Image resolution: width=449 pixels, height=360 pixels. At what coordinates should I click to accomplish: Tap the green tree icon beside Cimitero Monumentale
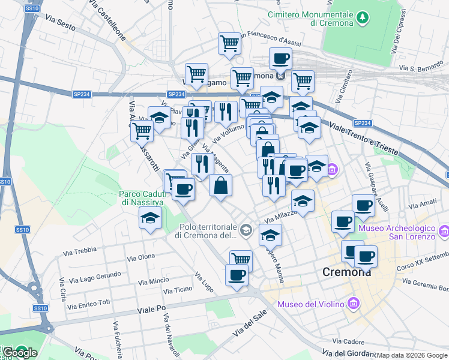[363, 18]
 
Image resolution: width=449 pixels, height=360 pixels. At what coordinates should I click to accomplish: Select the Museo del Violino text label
[309, 304]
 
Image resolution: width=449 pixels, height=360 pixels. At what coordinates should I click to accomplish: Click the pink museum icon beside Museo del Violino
[353, 304]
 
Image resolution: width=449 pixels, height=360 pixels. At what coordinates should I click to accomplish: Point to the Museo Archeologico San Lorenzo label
[396, 232]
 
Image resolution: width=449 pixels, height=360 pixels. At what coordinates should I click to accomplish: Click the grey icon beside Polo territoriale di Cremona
[246, 230]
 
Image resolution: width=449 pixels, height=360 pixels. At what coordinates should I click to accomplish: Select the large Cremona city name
[347, 272]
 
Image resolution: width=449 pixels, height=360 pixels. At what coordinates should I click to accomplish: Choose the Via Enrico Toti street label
[89, 304]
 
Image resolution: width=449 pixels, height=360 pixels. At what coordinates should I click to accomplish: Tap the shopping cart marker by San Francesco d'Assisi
[229, 43]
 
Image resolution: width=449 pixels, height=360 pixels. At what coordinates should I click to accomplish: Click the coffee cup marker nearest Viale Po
[237, 275]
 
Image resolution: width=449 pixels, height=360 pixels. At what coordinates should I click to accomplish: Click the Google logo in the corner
[20, 353]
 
